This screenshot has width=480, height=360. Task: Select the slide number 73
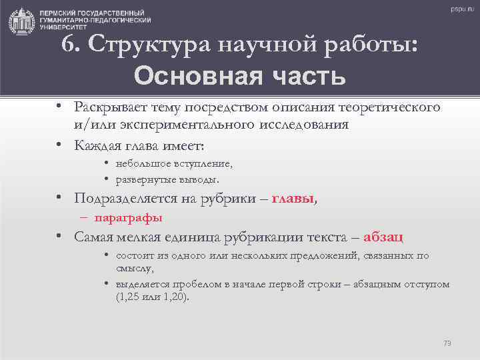coord(447,343)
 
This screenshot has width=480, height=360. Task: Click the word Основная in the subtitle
coord(183,76)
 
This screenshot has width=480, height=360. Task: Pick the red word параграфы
coord(129,217)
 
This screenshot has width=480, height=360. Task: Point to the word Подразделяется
coord(125,198)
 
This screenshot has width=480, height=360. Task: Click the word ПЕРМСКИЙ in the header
coord(57,13)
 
